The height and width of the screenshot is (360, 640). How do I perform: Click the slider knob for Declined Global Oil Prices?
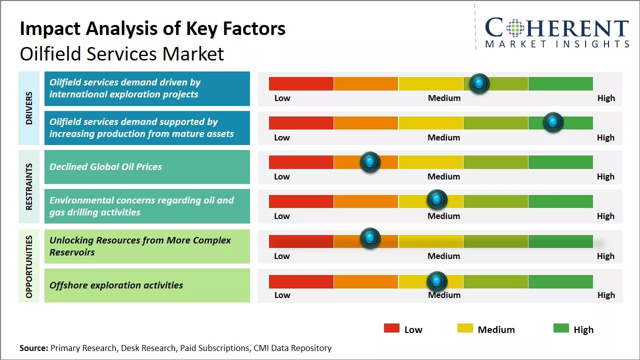coord(370,162)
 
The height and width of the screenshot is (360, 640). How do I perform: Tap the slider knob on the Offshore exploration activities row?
coord(437,281)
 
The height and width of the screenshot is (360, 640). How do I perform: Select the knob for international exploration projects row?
coord(479,83)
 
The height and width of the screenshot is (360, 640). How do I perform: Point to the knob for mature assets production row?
coord(553,122)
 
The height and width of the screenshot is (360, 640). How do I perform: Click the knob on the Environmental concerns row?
coord(437,200)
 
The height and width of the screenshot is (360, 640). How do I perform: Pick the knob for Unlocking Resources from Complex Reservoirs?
coord(370,238)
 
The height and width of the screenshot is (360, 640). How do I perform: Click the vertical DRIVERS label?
coord(28,108)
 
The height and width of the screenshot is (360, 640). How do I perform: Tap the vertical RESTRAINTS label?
coord(28,186)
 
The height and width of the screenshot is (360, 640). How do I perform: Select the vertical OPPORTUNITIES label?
coord(28,266)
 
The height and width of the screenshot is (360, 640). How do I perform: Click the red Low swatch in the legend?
coord(391,328)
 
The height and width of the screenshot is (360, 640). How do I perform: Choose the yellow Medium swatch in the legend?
coord(465,328)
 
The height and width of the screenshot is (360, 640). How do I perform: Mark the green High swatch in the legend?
coord(561,328)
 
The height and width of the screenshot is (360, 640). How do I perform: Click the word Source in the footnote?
coord(33,348)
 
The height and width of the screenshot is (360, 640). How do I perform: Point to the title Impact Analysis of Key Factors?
coord(152,29)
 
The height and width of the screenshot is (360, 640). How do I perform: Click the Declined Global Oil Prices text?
coord(105,167)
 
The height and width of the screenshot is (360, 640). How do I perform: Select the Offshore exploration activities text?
coord(116,285)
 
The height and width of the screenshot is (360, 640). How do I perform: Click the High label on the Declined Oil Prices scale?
coord(605,176)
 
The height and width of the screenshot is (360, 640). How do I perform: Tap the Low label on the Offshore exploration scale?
coord(282,295)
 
